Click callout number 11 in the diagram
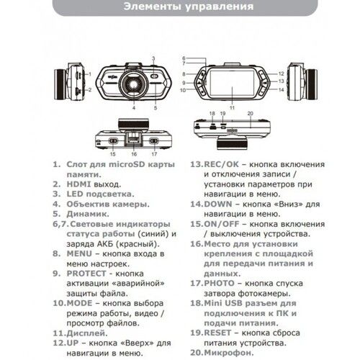(x=232, y=107)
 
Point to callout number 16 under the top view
(x=134, y=153)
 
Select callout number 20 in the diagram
(x=250, y=114)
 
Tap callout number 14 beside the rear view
(x=282, y=90)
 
